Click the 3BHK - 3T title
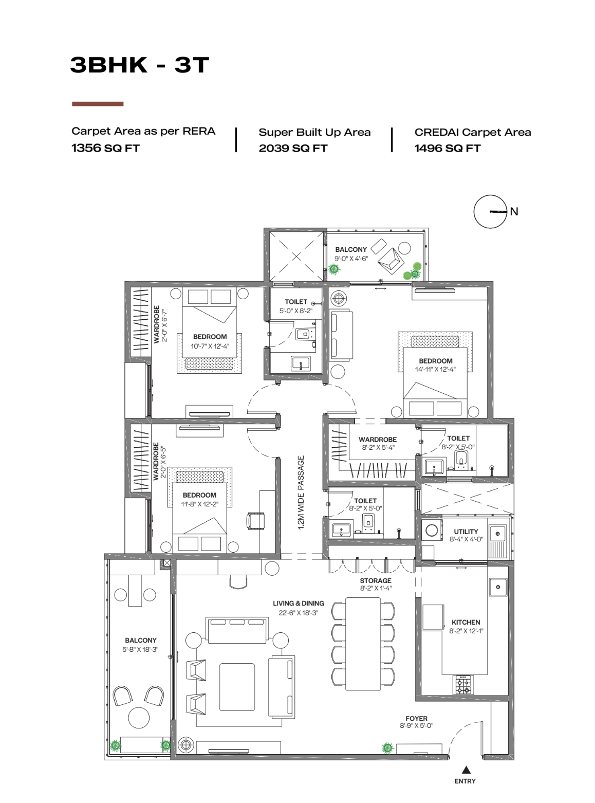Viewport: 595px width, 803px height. [x=140, y=65]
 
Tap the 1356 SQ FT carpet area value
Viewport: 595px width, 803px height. [x=105, y=148]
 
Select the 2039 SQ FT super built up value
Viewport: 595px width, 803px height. [x=293, y=149]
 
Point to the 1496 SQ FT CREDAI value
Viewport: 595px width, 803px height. [x=448, y=149]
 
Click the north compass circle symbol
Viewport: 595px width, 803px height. [x=490, y=211]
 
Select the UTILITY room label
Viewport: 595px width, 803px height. [x=466, y=532]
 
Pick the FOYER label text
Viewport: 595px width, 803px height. [x=416, y=718]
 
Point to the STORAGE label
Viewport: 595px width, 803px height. [x=375, y=580]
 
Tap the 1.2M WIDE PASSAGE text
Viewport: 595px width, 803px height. [x=301, y=492]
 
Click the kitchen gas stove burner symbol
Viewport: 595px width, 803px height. [x=463, y=685]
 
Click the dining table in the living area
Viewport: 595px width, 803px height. [x=363, y=644]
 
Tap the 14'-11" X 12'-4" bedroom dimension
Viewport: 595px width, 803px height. [x=435, y=369]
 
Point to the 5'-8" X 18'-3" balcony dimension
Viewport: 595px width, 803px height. [x=140, y=649]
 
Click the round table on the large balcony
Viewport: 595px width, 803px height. [x=139, y=717]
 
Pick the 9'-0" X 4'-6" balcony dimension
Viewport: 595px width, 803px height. [x=351, y=259]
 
